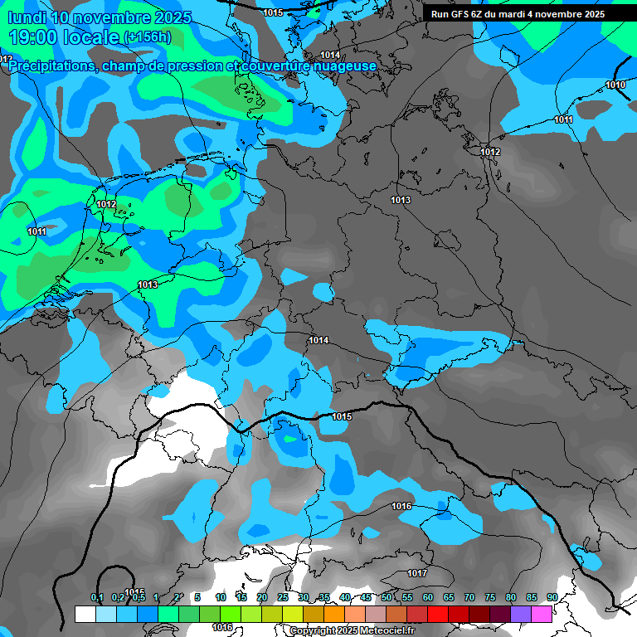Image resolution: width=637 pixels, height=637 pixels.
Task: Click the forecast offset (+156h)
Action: (147, 37)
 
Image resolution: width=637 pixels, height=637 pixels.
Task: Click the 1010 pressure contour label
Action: (615, 85)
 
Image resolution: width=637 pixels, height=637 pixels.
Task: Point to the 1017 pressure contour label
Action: (417, 573)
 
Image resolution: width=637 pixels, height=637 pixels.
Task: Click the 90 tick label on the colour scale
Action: (552, 597)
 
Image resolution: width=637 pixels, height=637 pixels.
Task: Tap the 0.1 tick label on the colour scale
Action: (97, 597)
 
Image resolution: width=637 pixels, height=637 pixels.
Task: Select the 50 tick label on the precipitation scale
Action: (387, 597)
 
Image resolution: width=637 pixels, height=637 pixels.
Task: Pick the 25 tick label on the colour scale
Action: (283, 597)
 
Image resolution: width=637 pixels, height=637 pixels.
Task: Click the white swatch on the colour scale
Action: (85, 614)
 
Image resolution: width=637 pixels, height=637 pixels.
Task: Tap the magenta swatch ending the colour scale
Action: (542, 614)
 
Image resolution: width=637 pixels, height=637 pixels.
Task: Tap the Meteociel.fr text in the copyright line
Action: (387, 630)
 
